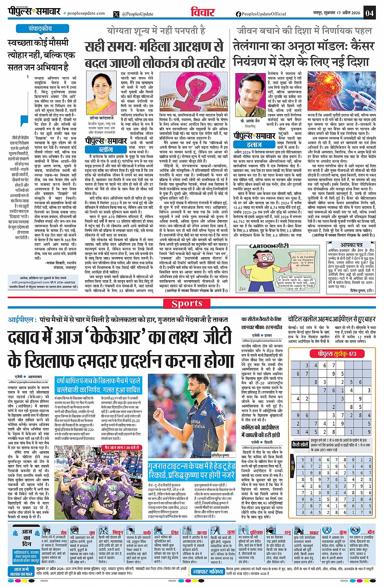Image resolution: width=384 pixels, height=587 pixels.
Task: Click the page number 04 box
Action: [369, 13]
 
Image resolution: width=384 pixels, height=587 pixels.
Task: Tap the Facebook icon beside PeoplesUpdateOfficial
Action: [239, 14]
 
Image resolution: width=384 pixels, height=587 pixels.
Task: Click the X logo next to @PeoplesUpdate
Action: [117, 14]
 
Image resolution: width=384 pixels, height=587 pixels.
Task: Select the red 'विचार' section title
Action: [203, 12]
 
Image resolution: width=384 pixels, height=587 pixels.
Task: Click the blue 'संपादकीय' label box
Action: [40, 29]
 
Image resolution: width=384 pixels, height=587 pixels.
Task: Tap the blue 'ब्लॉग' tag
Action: [106, 149]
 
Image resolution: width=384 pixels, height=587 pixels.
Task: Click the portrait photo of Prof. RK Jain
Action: [249, 100]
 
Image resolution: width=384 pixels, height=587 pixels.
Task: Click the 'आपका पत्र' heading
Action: [351, 245]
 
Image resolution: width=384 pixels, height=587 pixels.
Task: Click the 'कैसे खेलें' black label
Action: [300, 444]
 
